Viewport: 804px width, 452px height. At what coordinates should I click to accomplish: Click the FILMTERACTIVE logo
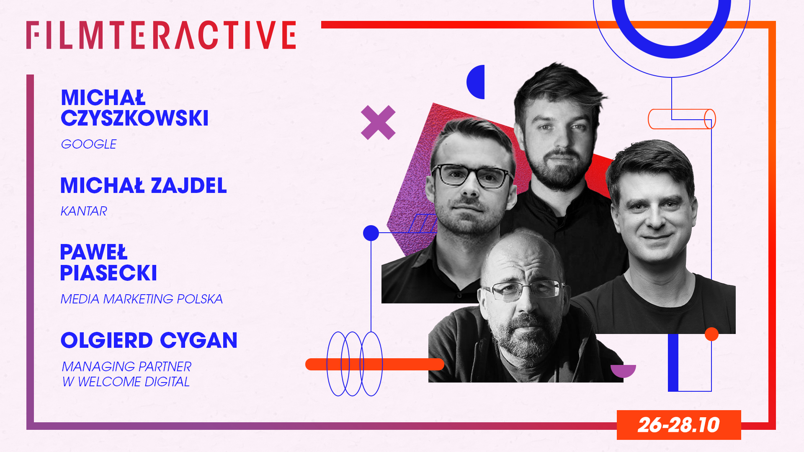click(x=161, y=35)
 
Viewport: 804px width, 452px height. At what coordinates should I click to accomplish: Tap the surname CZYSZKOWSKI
click(x=134, y=118)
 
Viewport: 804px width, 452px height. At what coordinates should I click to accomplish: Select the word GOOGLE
click(x=89, y=144)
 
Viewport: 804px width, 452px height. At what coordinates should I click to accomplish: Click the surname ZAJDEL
click(x=188, y=185)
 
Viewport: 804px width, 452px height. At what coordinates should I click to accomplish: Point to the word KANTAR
click(x=84, y=211)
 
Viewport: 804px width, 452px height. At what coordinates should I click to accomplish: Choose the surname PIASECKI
click(x=108, y=273)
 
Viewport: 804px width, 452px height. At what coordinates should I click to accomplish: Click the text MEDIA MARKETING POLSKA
click(x=142, y=299)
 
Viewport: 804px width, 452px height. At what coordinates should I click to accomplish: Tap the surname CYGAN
click(x=198, y=340)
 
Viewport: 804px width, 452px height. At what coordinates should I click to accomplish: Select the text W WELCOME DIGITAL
click(x=126, y=382)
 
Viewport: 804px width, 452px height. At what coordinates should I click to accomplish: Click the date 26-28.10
click(x=678, y=425)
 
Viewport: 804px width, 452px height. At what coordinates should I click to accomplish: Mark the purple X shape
click(x=378, y=122)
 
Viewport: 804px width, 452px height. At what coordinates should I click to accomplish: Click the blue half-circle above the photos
click(x=476, y=82)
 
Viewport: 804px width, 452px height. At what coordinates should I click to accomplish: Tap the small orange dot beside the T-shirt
click(x=711, y=334)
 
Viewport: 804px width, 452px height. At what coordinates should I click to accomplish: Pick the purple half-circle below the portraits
click(x=623, y=370)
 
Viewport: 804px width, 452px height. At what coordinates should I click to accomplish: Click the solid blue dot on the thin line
click(x=371, y=233)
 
